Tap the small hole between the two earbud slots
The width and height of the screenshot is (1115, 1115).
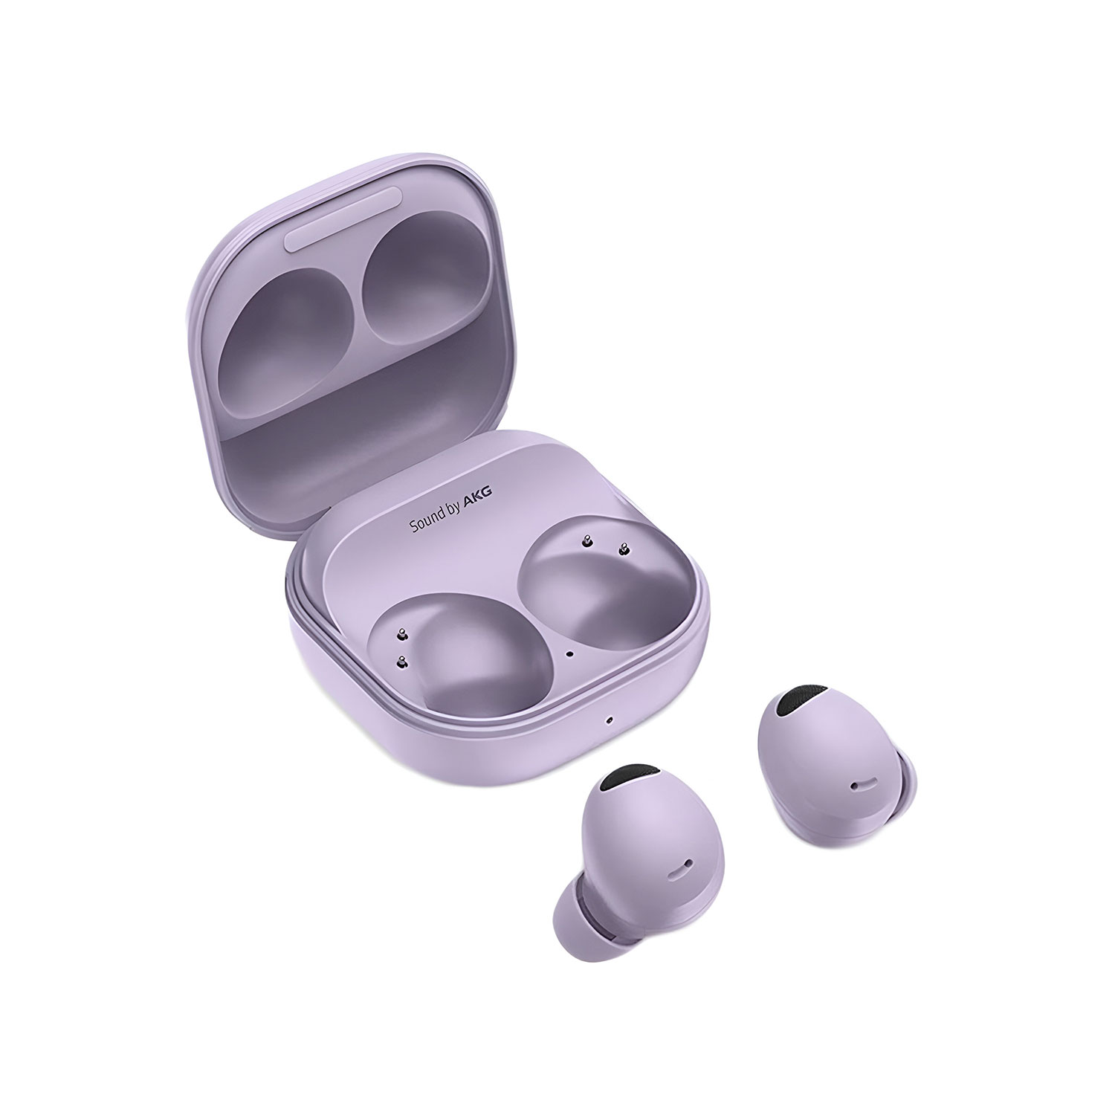(569, 654)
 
